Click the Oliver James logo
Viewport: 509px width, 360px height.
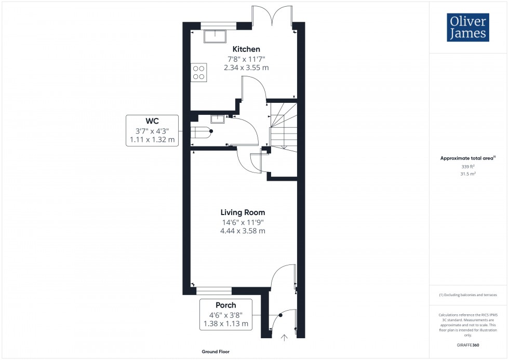pos(467,28)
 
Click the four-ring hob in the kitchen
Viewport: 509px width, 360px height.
pos(198,72)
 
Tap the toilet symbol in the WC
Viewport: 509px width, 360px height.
pos(202,131)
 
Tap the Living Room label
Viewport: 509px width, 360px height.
pos(243,212)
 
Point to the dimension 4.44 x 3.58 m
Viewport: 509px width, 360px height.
pos(243,231)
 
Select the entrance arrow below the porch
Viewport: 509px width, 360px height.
pos(284,338)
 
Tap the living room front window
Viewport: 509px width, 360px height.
pos(214,290)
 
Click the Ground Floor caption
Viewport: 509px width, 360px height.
pos(216,352)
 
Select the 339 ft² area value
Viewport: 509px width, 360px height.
pos(468,166)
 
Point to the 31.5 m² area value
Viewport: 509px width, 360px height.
pos(468,174)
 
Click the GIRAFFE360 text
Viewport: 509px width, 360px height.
pos(468,344)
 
